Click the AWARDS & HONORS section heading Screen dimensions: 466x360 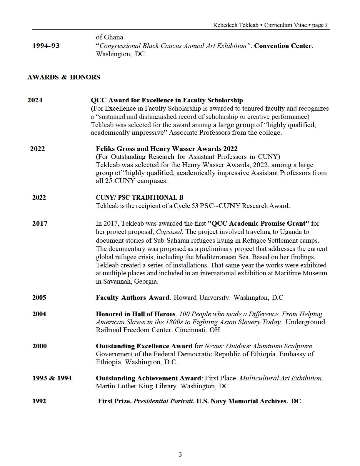64,77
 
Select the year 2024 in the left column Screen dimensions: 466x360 35,100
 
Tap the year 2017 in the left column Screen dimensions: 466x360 40,223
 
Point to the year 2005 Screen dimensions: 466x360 39,297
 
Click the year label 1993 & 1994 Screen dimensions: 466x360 52,378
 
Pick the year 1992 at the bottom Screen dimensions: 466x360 39,401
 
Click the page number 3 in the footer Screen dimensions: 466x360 180,454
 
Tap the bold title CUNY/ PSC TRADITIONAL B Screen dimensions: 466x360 139,197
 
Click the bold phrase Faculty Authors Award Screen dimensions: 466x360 132,297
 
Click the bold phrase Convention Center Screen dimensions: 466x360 283,46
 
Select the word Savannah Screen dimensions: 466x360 117,281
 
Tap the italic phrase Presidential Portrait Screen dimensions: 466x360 163,401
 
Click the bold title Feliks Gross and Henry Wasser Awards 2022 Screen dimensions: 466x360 166,149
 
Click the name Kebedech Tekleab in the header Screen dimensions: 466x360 236,25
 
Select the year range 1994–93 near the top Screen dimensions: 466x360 46,46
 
